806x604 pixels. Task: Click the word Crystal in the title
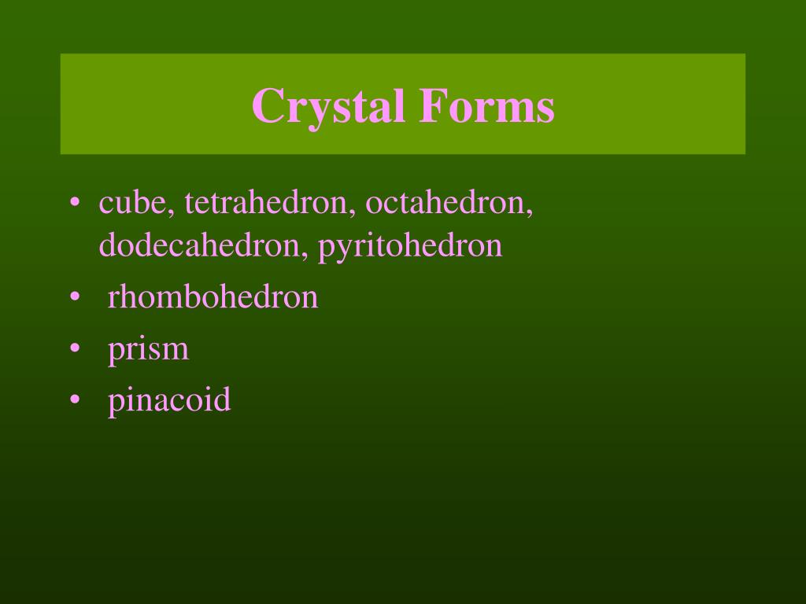tap(329, 106)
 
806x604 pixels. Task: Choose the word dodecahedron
tap(201, 245)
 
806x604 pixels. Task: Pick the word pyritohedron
tap(410, 247)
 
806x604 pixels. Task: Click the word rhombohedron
tap(213, 296)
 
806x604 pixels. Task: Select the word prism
tap(149, 349)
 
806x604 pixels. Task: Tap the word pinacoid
tap(170, 400)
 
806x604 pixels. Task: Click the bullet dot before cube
tap(74, 203)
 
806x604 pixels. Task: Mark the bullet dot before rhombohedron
tap(74, 297)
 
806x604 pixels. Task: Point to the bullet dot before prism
tap(74, 348)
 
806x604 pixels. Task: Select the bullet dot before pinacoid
tap(74, 400)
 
